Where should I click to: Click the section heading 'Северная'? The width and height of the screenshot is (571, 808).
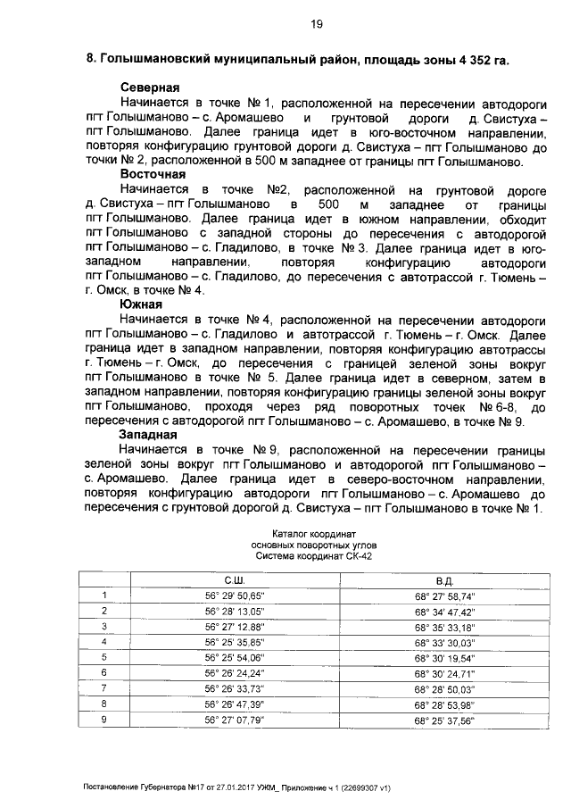click(x=151, y=87)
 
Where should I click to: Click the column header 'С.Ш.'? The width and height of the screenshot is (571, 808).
click(x=236, y=580)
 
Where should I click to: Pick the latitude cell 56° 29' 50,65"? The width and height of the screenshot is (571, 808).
click(x=236, y=596)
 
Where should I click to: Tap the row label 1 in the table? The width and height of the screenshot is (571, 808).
click(x=104, y=596)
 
